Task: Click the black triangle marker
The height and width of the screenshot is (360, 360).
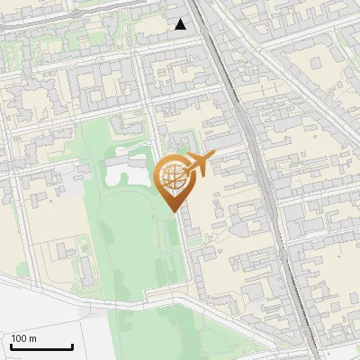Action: pos(181,24)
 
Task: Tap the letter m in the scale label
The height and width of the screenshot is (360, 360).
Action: pos(33,338)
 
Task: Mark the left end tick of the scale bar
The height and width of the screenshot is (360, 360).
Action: pos(10,346)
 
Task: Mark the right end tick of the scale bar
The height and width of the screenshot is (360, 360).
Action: pos(72,346)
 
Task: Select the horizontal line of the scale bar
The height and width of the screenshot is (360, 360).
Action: pos(40,347)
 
